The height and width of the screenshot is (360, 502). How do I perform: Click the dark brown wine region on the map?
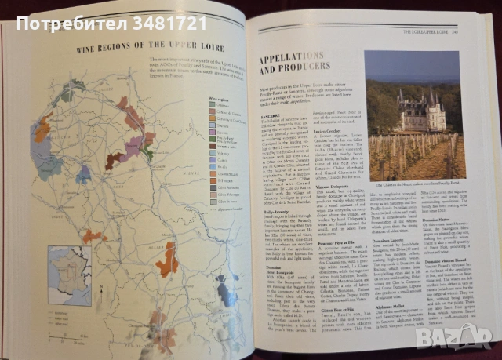(x=114, y=161)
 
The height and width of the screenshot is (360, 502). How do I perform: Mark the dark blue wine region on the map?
(x=83, y=174)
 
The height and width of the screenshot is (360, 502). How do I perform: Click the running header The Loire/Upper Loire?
(x=430, y=31)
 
